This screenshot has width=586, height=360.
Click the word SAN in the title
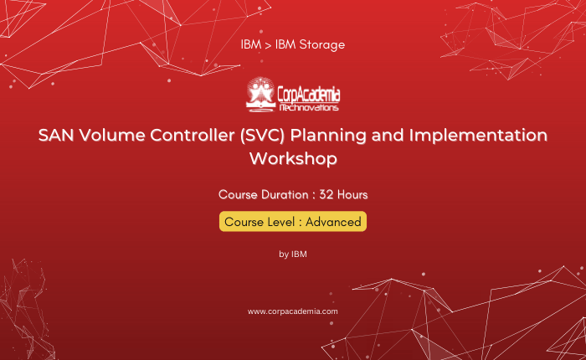(x=53, y=135)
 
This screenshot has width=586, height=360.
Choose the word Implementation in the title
(x=478, y=136)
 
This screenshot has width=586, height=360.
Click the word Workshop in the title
(x=293, y=159)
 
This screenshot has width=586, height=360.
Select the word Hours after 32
(x=352, y=195)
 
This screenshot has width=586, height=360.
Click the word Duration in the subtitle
(x=285, y=195)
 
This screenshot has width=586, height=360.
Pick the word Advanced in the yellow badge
(x=333, y=222)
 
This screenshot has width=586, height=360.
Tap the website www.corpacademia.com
(x=293, y=311)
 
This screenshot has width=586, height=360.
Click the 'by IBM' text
(x=293, y=255)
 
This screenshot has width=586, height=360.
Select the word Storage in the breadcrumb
(x=322, y=45)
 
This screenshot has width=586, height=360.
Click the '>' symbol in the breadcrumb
(x=268, y=45)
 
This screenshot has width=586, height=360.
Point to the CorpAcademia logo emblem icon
(x=260, y=95)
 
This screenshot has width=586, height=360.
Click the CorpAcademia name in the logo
(x=309, y=95)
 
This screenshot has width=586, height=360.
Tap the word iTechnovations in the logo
(x=309, y=108)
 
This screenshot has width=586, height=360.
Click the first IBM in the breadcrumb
(x=251, y=45)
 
